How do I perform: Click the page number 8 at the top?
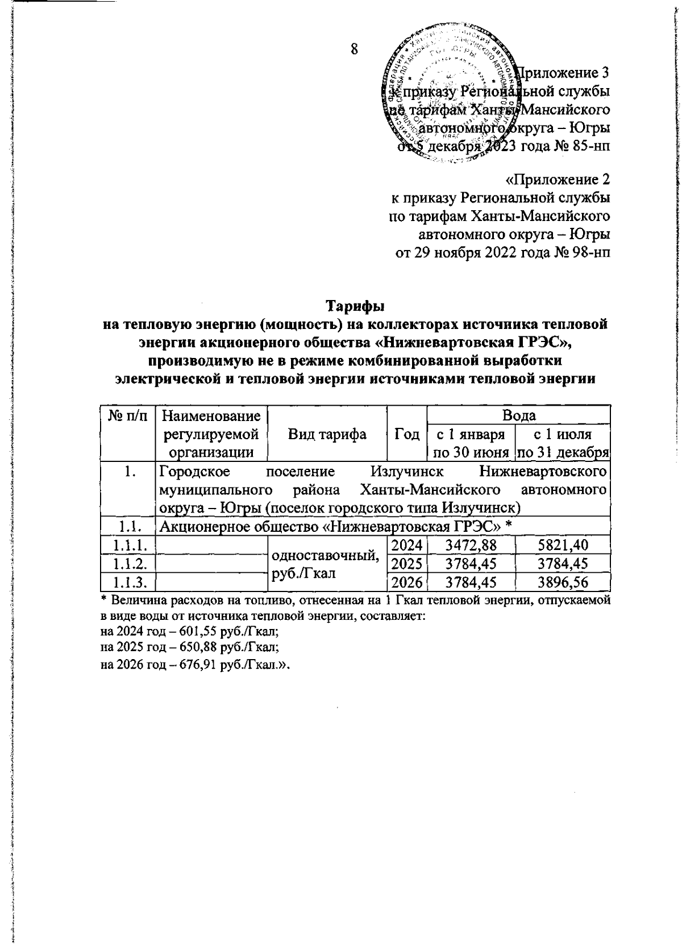coord(354,49)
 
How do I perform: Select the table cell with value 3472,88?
coord(471,545)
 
